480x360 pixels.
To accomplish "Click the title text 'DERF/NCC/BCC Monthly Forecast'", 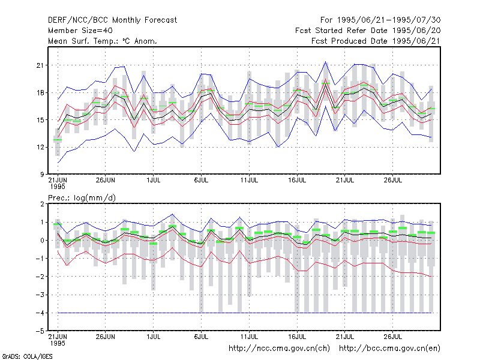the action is [112, 20].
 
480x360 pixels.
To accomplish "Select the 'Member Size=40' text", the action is [80, 31].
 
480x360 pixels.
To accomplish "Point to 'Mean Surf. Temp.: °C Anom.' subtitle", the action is [103, 41].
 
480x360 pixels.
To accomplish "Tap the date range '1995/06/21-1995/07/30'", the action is [389, 20].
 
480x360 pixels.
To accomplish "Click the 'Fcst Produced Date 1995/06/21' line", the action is [376, 41].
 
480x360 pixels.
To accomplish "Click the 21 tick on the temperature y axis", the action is [40, 65].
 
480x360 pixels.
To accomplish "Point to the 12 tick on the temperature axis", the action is [40, 147].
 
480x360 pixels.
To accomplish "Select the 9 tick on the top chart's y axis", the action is [42, 175].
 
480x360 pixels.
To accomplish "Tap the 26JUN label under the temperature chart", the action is [106, 180].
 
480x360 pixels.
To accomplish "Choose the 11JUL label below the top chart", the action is [249, 180].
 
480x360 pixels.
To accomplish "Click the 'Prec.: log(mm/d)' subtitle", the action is [82, 198].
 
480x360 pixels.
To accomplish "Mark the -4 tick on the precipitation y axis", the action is [40, 313].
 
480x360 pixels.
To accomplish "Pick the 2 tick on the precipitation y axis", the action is [42, 204].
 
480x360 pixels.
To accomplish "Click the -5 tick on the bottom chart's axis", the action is [40, 331].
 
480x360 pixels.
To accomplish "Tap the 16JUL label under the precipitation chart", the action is [297, 337].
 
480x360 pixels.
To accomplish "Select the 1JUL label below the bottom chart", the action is [154, 337].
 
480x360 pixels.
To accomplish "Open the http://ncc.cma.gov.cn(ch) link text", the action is [279, 349].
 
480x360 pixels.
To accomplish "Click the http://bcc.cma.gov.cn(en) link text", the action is [389, 349].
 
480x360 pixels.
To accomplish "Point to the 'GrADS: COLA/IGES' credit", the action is [27, 356].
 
